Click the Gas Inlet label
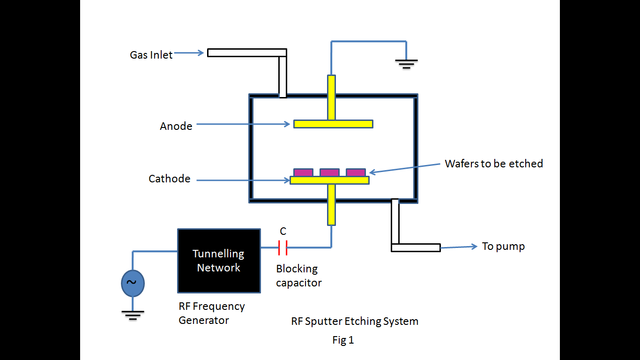click(151, 55)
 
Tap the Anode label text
click(176, 126)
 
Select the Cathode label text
click(169, 179)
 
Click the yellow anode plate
click(333, 124)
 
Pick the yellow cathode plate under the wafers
click(329, 180)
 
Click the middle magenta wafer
click(329, 172)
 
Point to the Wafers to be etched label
click(494, 164)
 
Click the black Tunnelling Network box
click(219, 261)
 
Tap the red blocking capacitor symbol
click(283, 247)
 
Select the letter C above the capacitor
click(283, 232)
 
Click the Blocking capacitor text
click(298, 276)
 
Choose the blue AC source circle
click(133, 283)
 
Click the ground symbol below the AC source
click(133, 314)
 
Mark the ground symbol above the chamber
click(406, 63)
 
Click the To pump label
click(503, 247)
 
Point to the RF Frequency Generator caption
click(211, 313)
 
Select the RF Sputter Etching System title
click(355, 322)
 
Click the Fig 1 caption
click(343, 341)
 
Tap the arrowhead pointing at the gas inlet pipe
click(201, 53)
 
